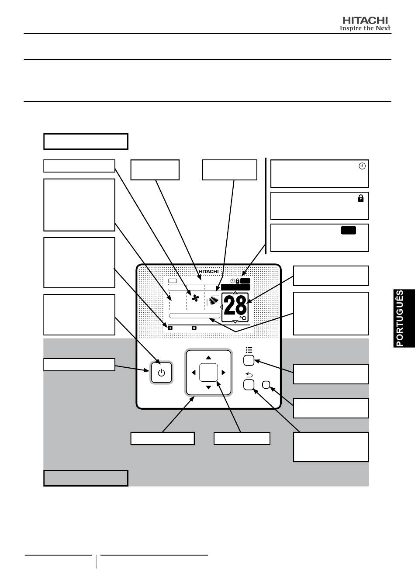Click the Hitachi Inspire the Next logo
(365, 24)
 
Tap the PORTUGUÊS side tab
(404, 318)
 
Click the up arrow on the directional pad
(208, 358)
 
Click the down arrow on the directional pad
(208, 387)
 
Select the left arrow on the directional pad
(194, 373)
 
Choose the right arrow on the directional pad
(223, 373)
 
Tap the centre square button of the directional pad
(208, 373)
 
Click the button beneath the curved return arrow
(249, 385)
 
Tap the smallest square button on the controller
(266, 384)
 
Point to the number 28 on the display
(235, 306)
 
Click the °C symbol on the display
(243, 318)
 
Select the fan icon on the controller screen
(195, 298)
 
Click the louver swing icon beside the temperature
(214, 300)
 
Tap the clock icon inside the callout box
(362, 166)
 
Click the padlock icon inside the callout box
(361, 198)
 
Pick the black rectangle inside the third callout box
(349, 230)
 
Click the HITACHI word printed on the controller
(208, 272)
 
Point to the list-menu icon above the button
(249, 350)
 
